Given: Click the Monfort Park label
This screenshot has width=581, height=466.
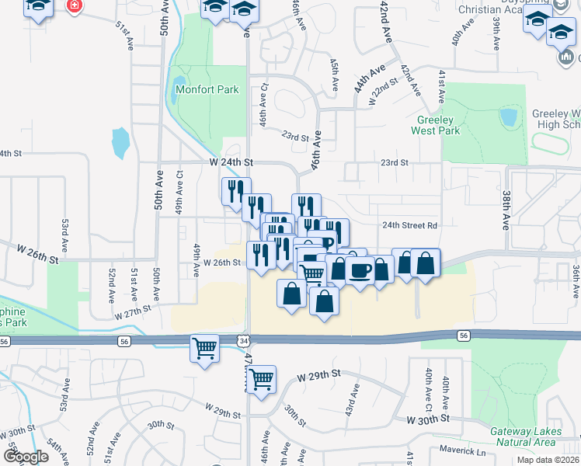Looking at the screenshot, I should pos(207,89).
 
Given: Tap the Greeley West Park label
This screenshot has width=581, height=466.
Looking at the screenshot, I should pos(439,125).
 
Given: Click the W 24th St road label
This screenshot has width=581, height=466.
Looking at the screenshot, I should pos(231,162).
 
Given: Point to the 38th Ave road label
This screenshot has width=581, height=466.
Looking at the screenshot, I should pos(505,210).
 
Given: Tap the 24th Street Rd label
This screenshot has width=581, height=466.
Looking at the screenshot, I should pos(410,225).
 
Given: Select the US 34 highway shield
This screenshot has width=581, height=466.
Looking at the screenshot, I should pos(244,340).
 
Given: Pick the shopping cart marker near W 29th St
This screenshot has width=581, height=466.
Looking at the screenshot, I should pos(262,379).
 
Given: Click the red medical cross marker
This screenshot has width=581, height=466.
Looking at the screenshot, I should pos(75,7).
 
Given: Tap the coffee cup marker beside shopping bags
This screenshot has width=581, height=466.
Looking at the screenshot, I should pos(360,270).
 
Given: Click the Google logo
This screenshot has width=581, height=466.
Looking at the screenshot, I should pos(26,457).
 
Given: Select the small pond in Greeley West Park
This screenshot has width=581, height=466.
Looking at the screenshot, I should pos(510,117).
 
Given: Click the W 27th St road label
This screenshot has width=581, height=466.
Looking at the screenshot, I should pos(131,312).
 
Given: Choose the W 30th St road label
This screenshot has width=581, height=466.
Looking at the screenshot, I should pos(428,419).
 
